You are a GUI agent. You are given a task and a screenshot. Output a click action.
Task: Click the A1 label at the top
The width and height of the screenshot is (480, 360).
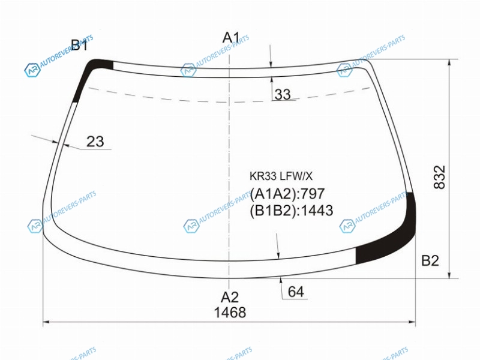[x=231, y=38]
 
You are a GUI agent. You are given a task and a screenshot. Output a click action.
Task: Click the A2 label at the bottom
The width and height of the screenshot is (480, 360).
[x=230, y=297]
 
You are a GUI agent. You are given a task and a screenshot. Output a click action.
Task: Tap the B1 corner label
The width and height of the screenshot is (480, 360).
[x=79, y=45]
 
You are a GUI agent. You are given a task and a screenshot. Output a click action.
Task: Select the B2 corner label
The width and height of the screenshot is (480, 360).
[x=430, y=260]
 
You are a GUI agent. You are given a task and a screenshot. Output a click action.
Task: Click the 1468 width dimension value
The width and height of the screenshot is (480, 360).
[x=230, y=313]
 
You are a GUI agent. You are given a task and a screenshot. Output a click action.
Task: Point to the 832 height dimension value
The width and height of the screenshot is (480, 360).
[x=440, y=177]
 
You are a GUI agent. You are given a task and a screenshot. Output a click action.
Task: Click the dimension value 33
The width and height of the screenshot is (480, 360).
[x=283, y=94]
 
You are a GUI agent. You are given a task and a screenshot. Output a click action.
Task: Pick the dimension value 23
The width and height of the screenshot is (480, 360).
[x=95, y=142]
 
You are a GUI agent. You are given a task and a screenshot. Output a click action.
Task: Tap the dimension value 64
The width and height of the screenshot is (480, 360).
[x=296, y=292]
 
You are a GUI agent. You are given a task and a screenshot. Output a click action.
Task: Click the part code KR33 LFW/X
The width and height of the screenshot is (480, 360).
[x=281, y=176]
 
